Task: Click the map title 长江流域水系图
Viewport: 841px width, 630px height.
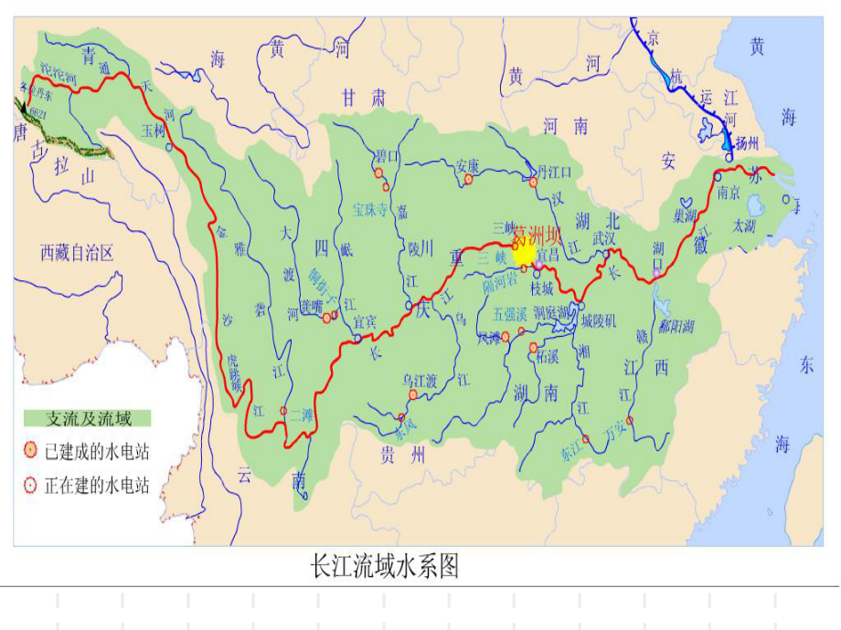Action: tap(385, 567)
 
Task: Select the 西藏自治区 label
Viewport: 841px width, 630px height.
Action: tap(77, 253)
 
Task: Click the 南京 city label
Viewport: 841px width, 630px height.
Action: tap(728, 193)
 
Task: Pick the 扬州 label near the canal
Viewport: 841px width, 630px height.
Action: tap(746, 143)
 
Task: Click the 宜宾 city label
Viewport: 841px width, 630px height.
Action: tap(366, 321)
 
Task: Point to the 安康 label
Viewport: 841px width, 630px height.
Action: tap(468, 166)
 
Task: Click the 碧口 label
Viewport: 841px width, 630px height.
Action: tap(388, 157)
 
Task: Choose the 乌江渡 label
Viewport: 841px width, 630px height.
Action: tap(419, 379)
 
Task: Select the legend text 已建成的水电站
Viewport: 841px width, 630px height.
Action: tap(97, 450)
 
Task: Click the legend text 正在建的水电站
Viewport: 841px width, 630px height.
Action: tap(97, 485)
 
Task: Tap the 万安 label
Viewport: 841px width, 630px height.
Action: tap(617, 436)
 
